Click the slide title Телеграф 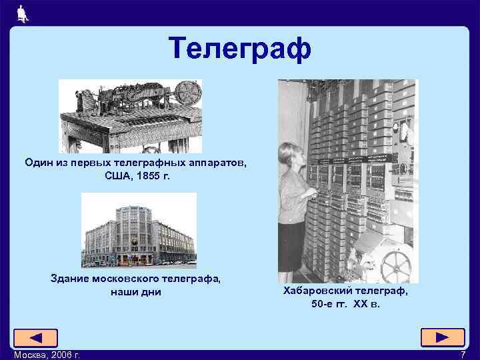[239, 49]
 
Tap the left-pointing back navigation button [35, 338]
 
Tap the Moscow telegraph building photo [139, 230]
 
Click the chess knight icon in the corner [23, 13]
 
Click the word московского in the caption [130, 279]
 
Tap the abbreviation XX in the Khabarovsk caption [363, 305]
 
